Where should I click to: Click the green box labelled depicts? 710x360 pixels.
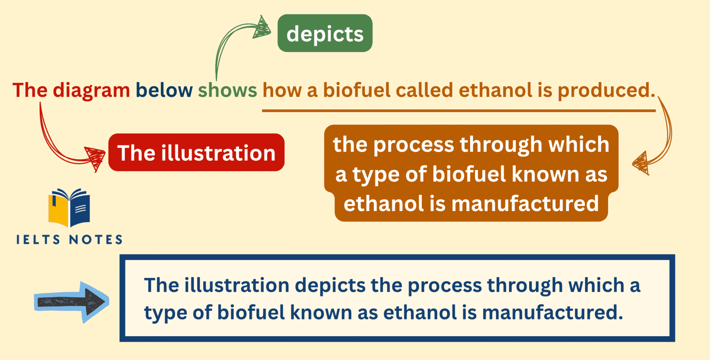[x=325, y=34]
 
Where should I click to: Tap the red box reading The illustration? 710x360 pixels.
[x=196, y=153]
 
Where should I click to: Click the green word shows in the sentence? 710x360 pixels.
[x=227, y=91]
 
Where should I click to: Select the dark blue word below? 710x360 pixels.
[x=164, y=91]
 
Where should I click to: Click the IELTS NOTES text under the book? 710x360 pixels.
[x=69, y=240]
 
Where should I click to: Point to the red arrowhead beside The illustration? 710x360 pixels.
[x=95, y=158]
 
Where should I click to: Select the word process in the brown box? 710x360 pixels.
[x=414, y=145]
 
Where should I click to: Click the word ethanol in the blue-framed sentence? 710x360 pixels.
[x=420, y=312]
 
